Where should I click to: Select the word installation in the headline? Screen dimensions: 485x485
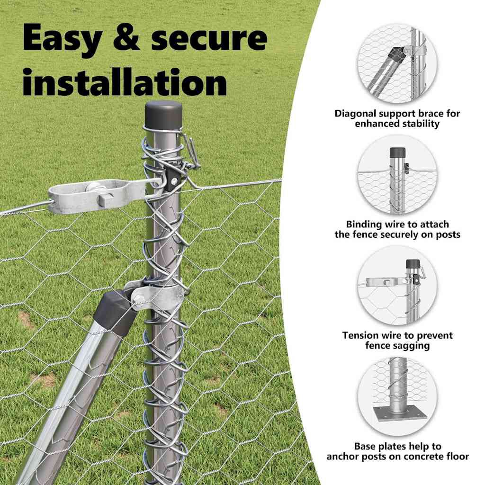[x=124, y=81]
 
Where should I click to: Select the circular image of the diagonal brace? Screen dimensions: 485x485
[x=397, y=64]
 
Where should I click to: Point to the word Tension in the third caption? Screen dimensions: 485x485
[x=361, y=335]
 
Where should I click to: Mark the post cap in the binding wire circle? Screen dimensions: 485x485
[x=397, y=153]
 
